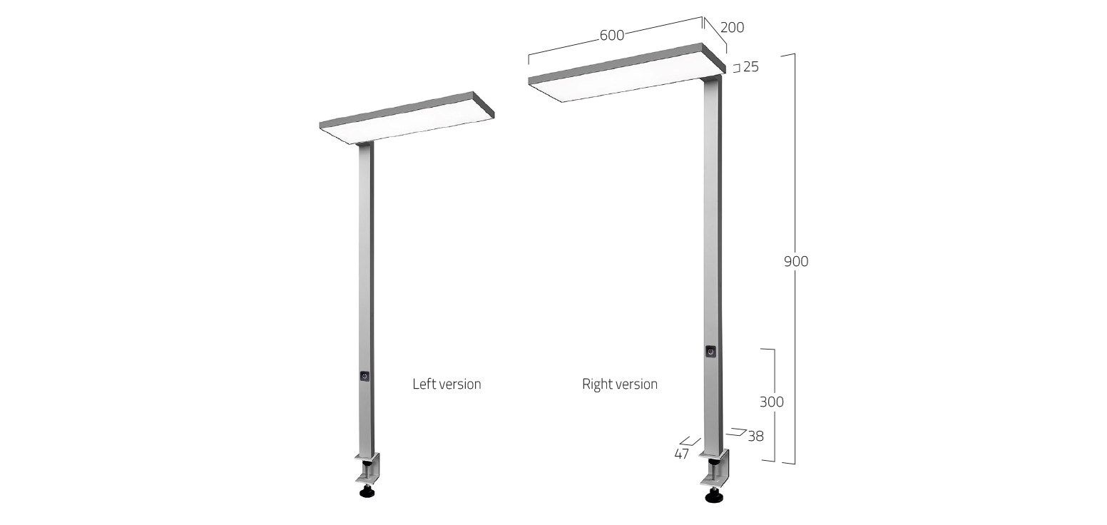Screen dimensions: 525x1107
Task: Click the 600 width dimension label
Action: coord(612,36)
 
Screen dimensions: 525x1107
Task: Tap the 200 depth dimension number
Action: coord(732,28)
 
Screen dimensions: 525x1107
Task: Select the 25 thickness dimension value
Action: coord(750,67)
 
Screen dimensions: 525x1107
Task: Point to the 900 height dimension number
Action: coord(796,262)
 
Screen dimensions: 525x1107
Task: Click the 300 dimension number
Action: coord(771,402)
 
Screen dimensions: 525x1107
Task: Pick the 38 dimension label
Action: coord(755,436)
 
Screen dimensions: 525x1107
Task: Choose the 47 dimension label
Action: coord(681,454)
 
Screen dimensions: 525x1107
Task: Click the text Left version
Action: coord(447,384)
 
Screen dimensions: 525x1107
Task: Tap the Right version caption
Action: coord(620,384)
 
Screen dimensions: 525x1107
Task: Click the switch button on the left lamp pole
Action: coord(364,376)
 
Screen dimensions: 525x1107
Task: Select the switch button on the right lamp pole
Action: coord(710,351)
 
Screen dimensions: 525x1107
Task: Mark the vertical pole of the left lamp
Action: coord(364,285)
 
